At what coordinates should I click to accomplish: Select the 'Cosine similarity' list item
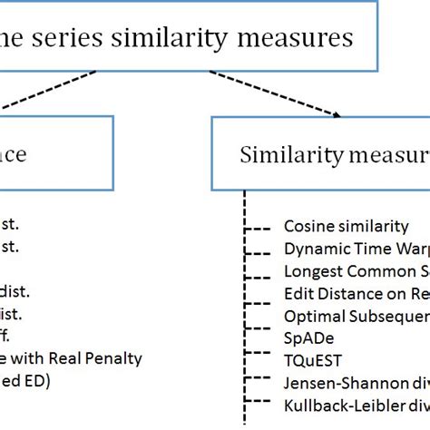346,227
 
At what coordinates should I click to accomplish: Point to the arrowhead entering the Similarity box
338,114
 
